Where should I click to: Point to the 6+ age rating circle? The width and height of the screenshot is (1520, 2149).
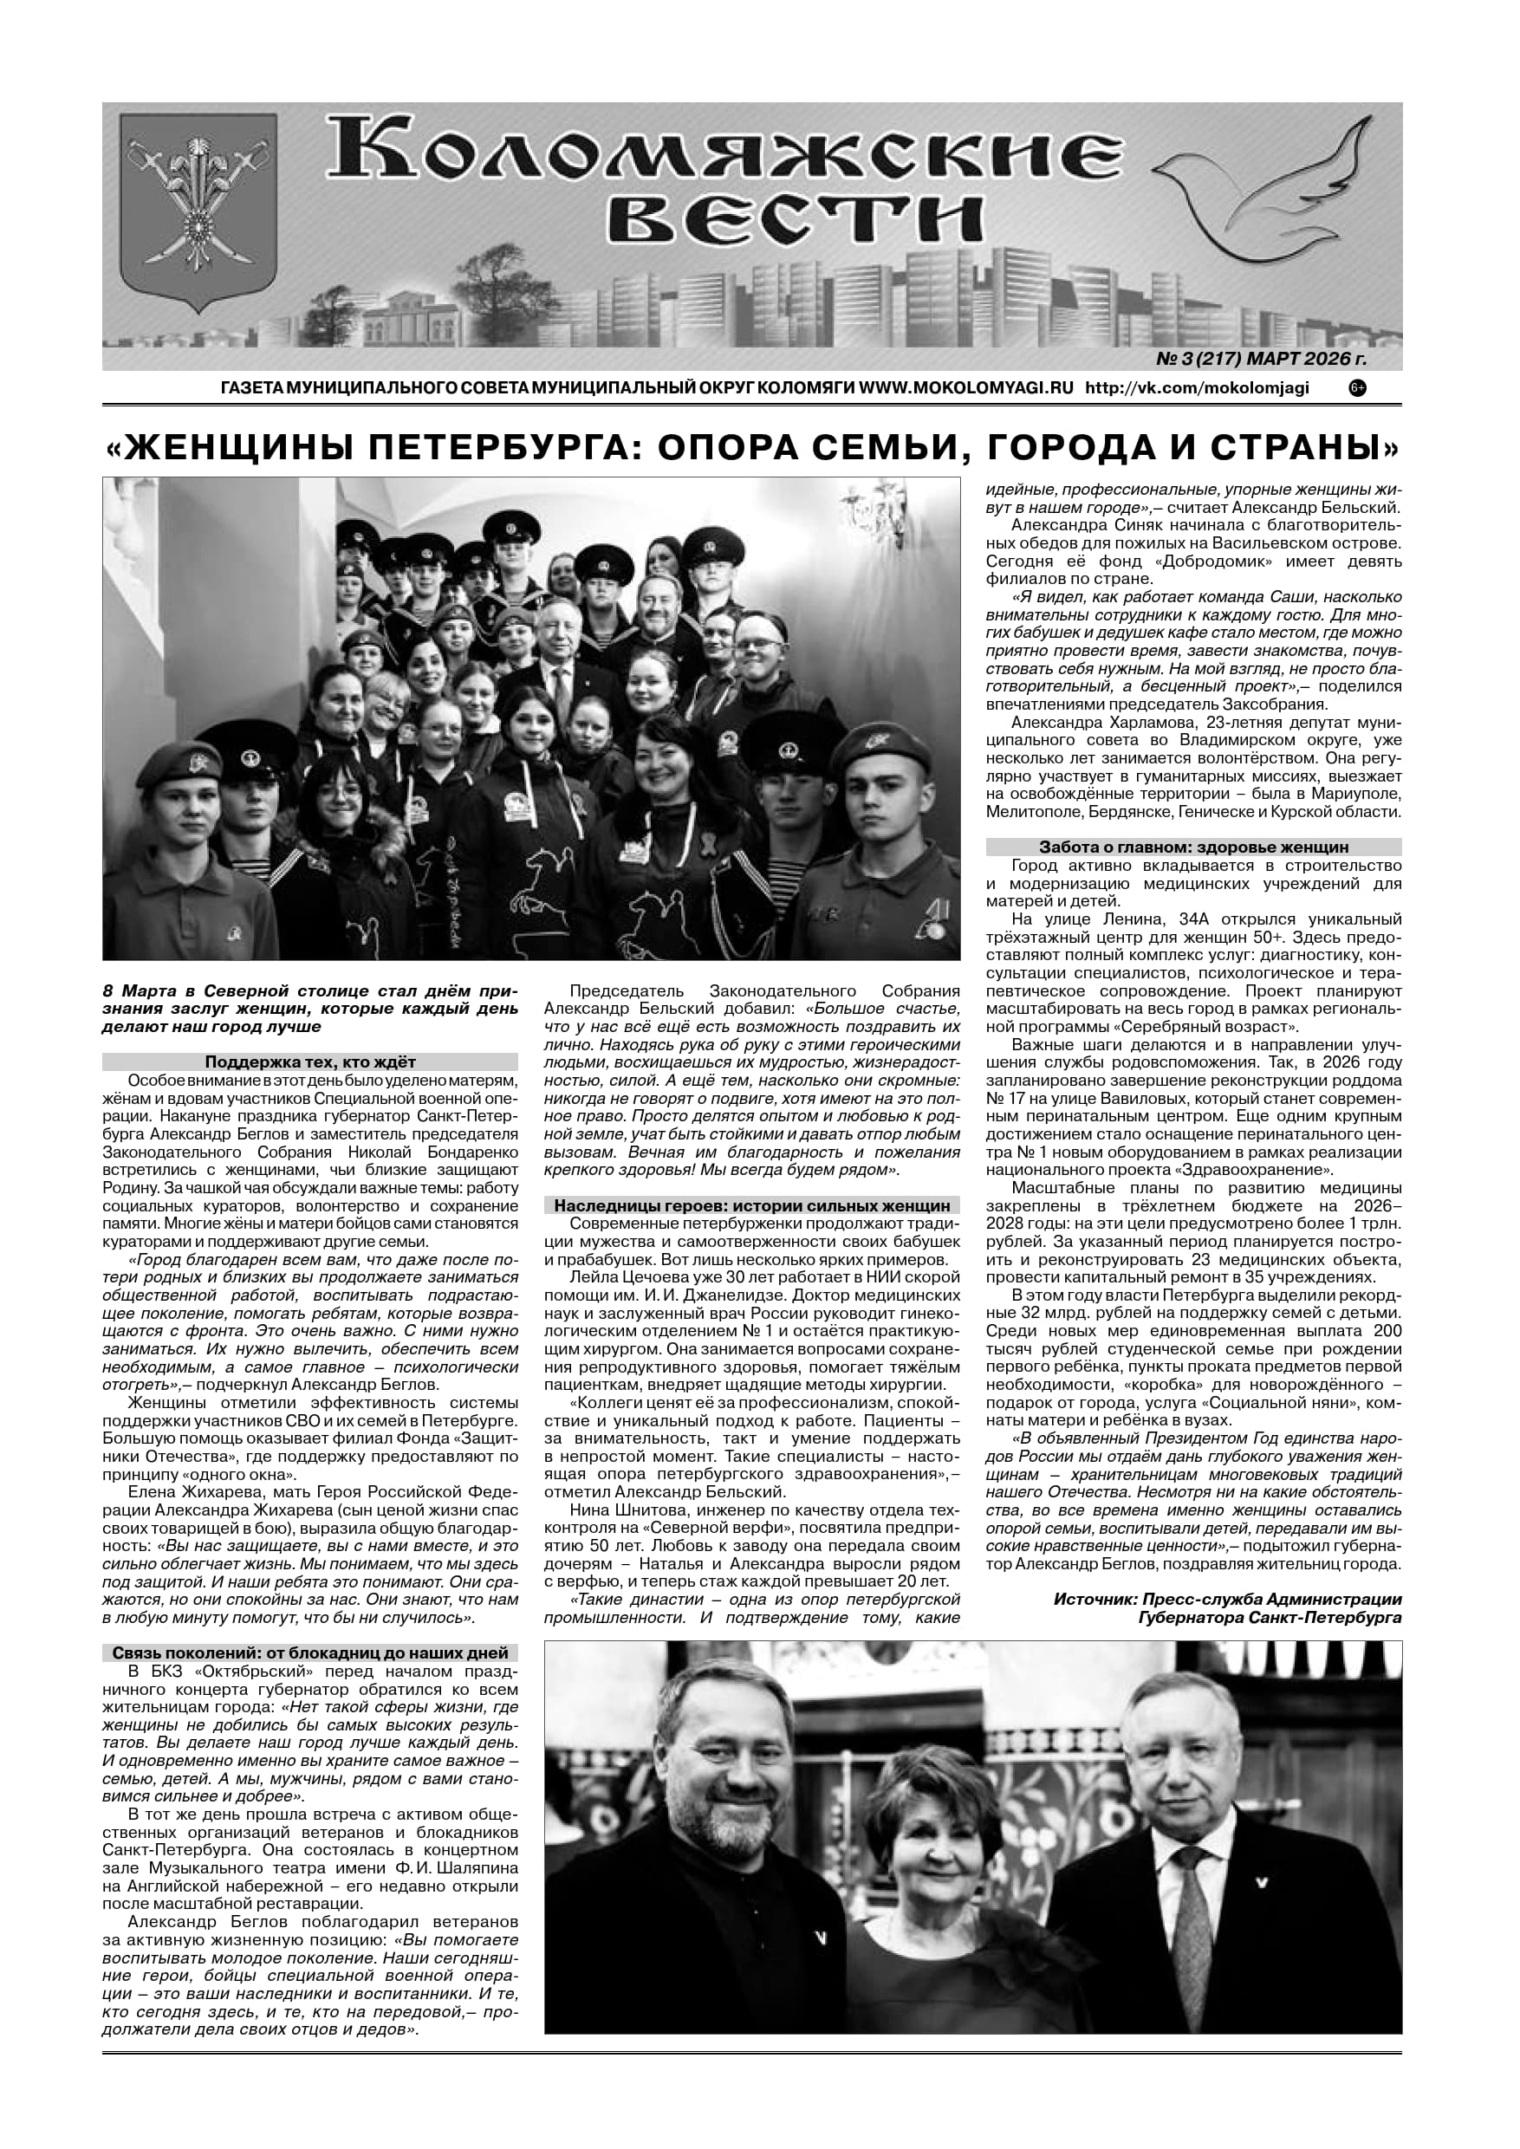1357,387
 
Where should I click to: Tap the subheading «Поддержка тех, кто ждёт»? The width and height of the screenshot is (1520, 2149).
309,1062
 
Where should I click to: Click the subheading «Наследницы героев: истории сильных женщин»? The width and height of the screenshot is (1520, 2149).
751,1205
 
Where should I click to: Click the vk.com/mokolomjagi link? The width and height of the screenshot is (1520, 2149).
1197,387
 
